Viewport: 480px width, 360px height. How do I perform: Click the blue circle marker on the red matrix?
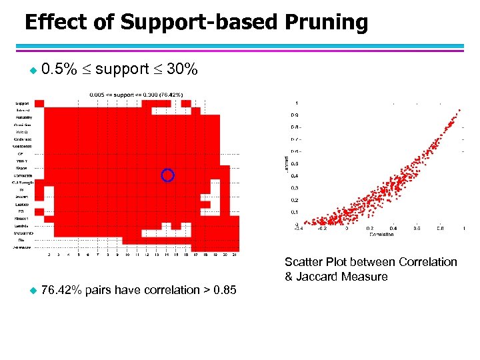click(x=168, y=175)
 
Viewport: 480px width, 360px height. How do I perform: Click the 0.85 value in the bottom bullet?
click(x=223, y=290)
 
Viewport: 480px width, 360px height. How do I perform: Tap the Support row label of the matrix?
click(x=23, y=103)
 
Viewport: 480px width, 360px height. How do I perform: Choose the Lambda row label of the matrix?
click(x=25, y=225)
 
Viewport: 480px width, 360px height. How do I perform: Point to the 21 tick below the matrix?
click(x=236, y=255)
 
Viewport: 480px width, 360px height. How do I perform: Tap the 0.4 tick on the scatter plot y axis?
click(x=293, y=176)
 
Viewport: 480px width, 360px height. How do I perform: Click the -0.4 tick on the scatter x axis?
click(x=299, y=228)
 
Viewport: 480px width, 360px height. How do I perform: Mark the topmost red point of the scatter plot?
click(x=459, y=110)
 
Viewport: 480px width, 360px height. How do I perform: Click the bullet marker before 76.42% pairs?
click(x=27, y=290)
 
